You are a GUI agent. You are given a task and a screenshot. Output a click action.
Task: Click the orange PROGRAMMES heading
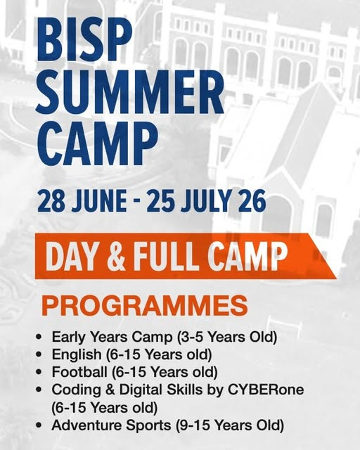[145, 306]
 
